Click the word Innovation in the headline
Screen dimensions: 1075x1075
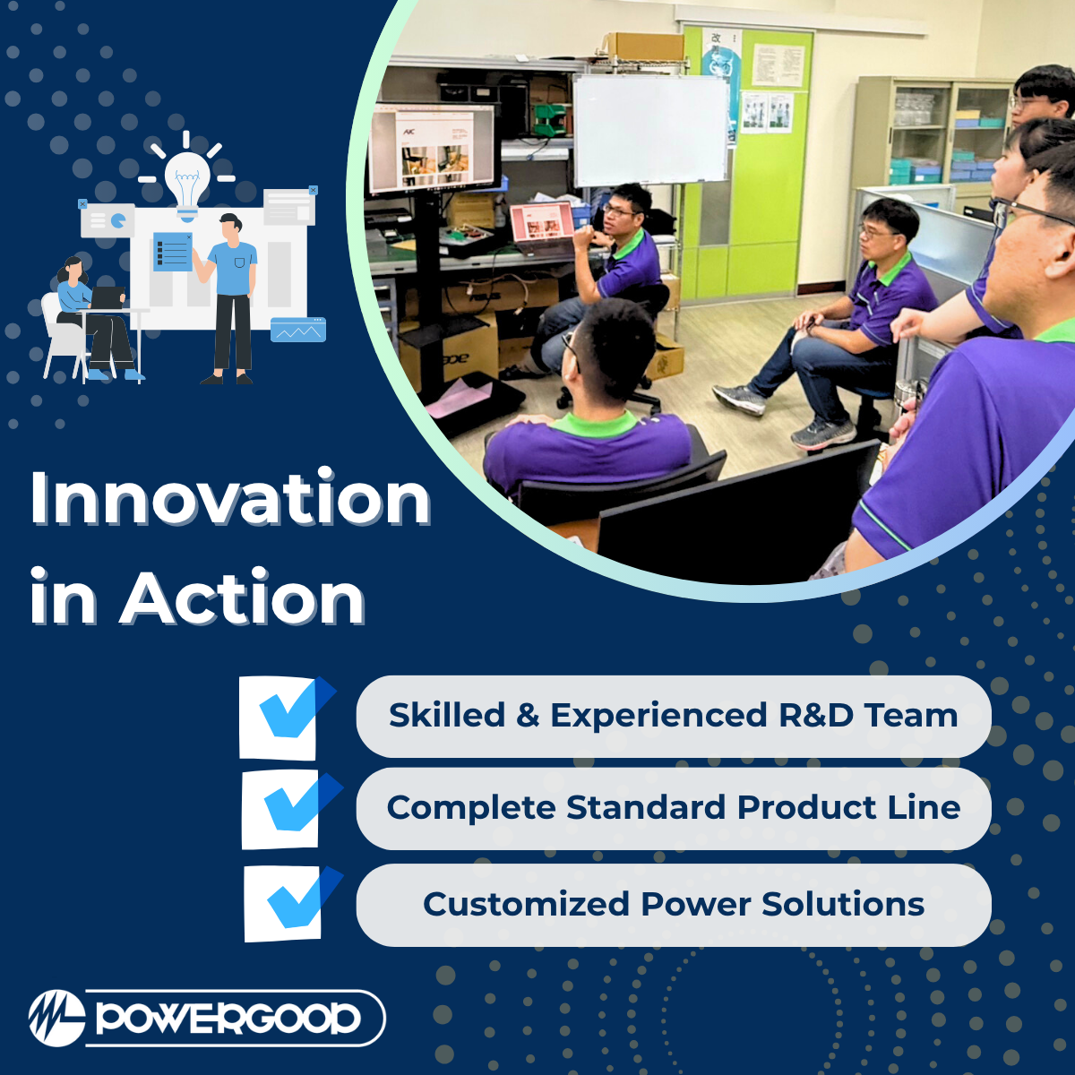[x=230, y=497]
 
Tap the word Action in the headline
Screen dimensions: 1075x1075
[x=243, y=598]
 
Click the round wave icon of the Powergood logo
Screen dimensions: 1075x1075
[x=57, y=1019]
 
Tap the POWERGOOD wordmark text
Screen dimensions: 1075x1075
[x=228, y=1019]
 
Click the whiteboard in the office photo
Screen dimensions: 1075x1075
[x=650, y=131]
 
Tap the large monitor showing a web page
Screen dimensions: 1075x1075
[x=432, y=147]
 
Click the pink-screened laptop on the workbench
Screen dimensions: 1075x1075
[x=542, y=223]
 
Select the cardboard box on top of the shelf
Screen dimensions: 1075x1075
[x=643, y=47]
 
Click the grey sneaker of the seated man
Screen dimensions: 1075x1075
[x=738, y=399]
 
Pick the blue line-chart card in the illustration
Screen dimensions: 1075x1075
[x=298, y=330]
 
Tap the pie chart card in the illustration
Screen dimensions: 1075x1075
[x=107, y=219]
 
